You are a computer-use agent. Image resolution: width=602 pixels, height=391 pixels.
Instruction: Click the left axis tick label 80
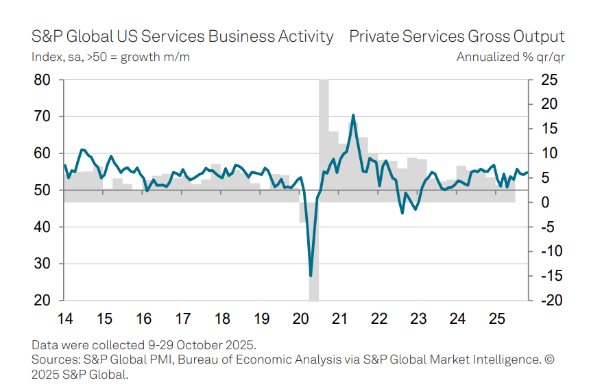[x=42, y=80]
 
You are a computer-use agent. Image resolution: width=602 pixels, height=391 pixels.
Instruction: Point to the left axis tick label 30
[x=42, y=264]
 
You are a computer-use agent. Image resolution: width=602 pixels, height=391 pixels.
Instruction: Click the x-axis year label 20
[x=300, y=319]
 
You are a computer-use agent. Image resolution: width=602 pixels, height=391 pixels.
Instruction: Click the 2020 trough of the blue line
[x=311, y=275]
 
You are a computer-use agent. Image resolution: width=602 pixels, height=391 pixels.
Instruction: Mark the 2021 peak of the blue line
[x=352, y=115]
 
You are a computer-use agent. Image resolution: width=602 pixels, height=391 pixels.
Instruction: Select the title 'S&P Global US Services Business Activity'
[x=183, y=36]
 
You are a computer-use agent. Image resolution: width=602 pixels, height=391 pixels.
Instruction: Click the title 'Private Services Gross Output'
[x=457, y=36]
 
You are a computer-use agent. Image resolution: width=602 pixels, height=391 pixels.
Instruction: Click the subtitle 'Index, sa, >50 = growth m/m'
[x=111, y=57]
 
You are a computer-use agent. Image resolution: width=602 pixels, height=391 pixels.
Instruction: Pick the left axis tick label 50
[x=42, y=190]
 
